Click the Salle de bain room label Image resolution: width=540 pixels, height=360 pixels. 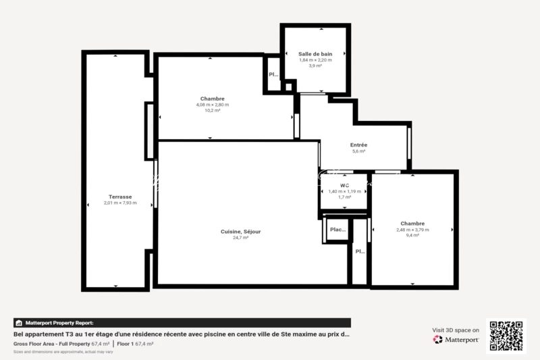315,53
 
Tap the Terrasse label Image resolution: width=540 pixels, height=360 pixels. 120,197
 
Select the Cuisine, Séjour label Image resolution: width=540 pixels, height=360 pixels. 240,232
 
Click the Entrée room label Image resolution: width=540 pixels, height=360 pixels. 358,145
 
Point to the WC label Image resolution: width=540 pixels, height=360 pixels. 344,185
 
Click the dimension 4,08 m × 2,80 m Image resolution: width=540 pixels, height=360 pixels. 212,105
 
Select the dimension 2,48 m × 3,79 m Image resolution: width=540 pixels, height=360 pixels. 412,230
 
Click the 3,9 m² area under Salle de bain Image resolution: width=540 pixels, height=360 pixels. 315,66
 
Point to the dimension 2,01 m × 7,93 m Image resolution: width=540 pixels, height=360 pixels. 120,203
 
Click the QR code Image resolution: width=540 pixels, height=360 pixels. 506,336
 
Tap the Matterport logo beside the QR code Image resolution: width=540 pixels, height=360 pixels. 456,340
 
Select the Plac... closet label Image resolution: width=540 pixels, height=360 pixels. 337,230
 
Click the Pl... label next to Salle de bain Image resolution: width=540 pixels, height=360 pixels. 273,75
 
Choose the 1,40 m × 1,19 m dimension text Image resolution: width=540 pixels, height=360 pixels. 344,191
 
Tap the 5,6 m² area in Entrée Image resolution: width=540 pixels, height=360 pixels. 358,151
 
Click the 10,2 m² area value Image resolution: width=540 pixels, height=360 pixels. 212,111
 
